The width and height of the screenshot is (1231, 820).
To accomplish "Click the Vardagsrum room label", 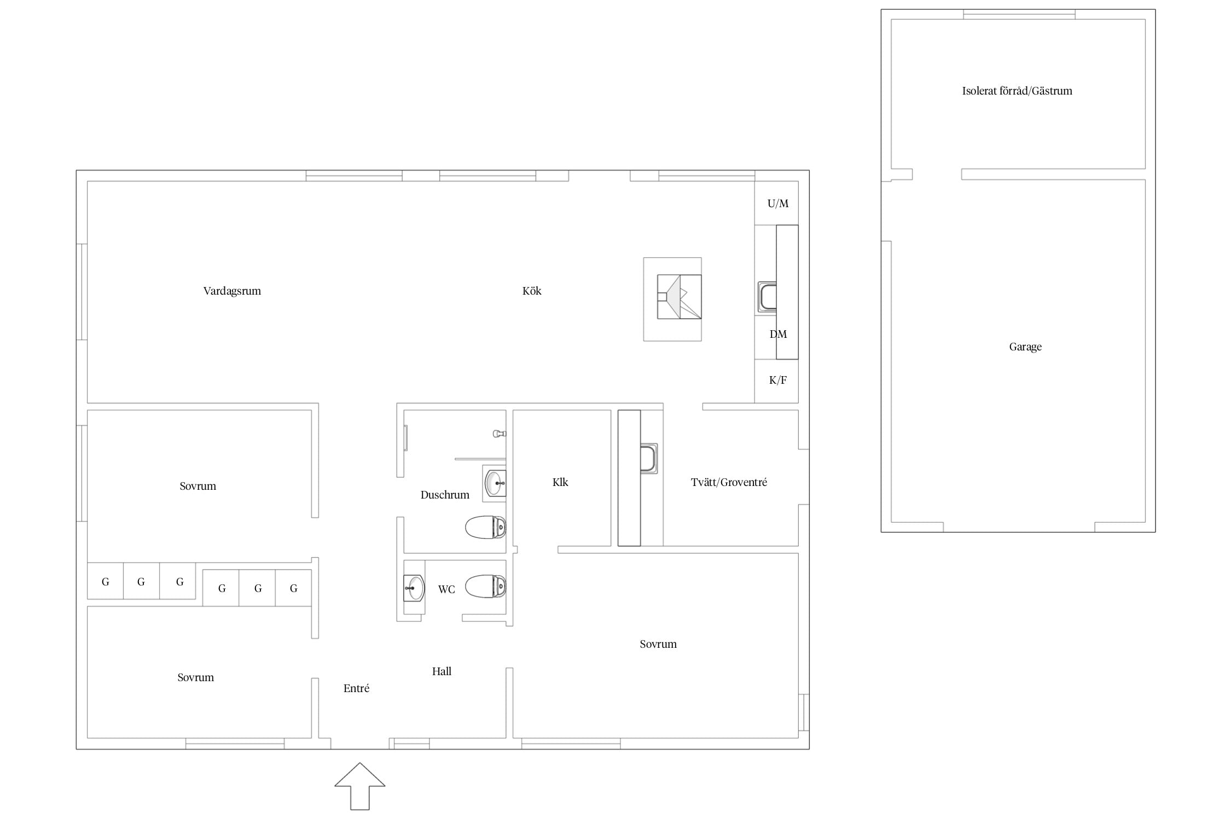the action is click(x=232, y=291).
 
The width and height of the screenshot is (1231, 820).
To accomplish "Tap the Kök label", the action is click(x=532, y=291).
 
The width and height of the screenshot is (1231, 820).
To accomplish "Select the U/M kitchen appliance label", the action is click(x=778, y=204).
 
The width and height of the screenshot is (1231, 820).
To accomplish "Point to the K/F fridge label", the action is click(x=778, y=380).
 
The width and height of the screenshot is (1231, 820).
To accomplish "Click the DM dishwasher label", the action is click(x=778, y=335).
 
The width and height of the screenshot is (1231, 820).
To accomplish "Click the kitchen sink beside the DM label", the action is click(x=767, y=297).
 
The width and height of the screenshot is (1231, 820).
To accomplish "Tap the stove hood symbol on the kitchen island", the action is click(x=679, y=297).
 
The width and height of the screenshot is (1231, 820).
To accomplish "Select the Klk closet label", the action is click(x=560, y=482).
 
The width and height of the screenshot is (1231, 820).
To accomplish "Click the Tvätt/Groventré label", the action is click(x=729, y=482).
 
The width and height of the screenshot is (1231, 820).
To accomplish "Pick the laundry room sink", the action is click(x=649, y=458).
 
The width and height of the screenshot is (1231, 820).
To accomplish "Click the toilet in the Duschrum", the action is click(x=485, y=527).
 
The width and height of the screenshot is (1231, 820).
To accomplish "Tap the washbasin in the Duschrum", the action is click(x=495, y=483).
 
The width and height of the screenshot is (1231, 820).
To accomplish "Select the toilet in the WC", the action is click(x=485, y=586).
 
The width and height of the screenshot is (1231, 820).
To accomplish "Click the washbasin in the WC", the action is click(x=414, y=588).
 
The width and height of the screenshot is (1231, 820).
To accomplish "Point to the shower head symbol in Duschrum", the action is click(x=500, y=434).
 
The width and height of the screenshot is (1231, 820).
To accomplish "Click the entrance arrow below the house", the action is click(x=360, y=786).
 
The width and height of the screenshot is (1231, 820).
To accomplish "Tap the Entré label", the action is click(x=356, y=689).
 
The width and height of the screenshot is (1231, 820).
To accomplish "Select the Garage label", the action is click(x=1025, y=347).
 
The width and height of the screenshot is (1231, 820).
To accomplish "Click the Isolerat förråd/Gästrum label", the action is click(x=1017, y=91).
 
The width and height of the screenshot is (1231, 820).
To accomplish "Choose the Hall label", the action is click(x=442, y=671).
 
